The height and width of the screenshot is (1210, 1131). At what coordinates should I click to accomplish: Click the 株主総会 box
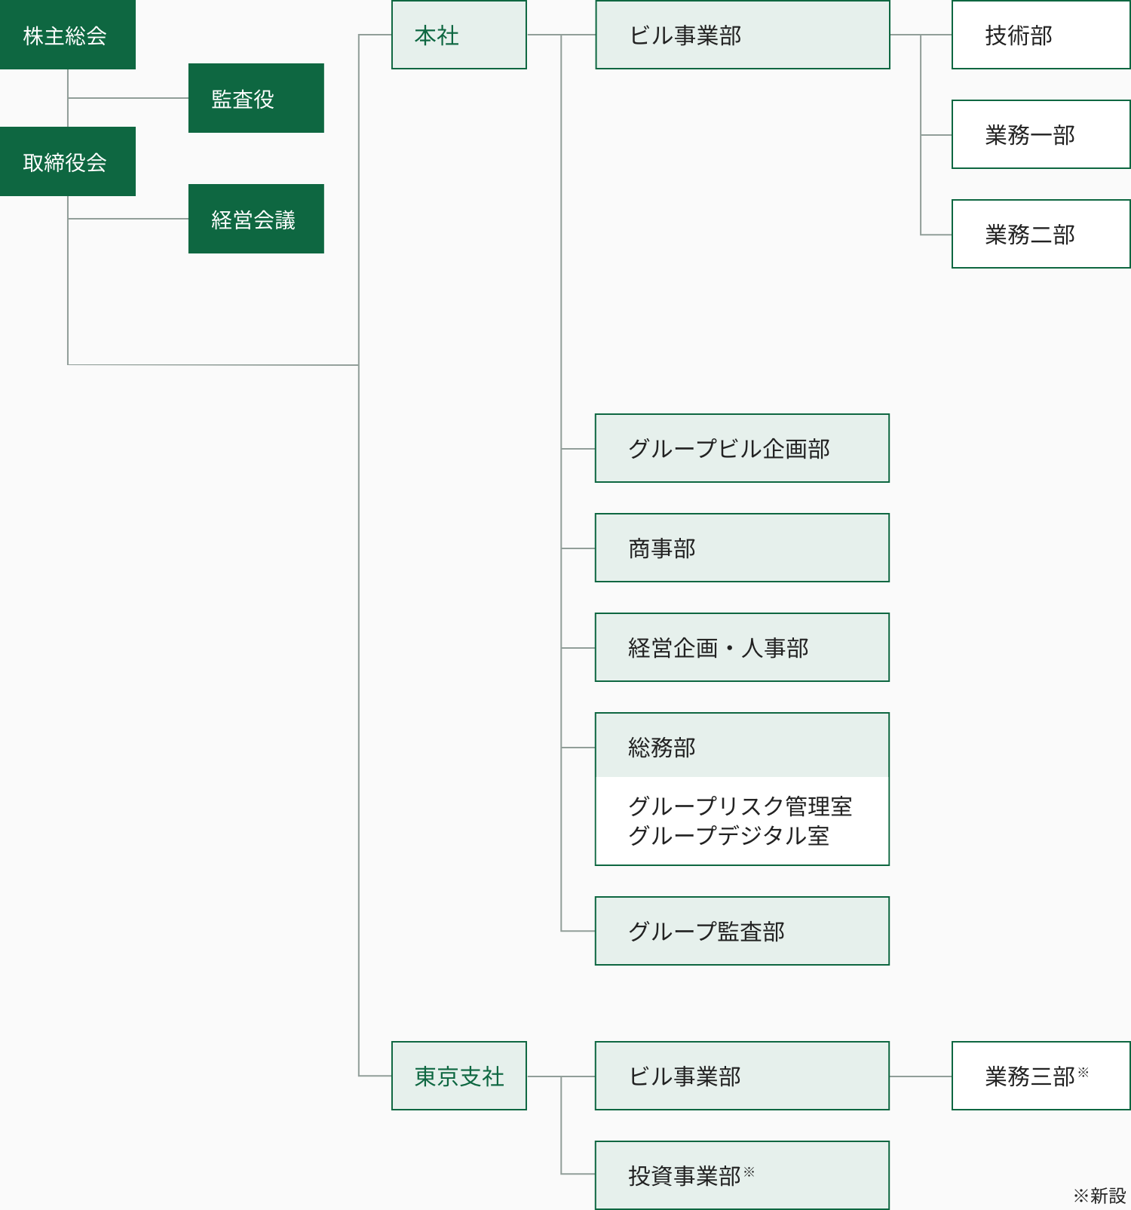pos(67,35)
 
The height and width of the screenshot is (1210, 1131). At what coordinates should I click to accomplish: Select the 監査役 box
pos(256,98)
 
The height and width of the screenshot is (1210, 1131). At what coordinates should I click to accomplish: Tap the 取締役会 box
pos(67,161)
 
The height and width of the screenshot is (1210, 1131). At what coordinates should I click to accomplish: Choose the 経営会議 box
pos(256,219)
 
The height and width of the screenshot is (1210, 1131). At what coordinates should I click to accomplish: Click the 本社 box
pos(458,35)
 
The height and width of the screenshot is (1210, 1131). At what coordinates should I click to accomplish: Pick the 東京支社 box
pos(458,1076)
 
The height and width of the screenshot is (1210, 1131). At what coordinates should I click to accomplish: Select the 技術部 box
pos(1041,35)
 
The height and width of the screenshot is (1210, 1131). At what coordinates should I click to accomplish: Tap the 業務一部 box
pos(1041,134)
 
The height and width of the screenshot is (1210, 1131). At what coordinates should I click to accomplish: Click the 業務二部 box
pos(1041,234)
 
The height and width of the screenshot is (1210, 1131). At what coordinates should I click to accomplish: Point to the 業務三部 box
pos(1041,1076)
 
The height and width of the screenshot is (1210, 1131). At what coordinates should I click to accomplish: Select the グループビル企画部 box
pos(742,448)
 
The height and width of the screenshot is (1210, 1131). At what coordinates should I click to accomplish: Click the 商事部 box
pos(742,548)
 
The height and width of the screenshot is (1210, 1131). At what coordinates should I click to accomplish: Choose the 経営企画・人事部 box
pos(742,647)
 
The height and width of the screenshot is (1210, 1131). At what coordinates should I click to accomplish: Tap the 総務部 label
pos(662,747)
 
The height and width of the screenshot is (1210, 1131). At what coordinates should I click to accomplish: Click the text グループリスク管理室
pos(740,806)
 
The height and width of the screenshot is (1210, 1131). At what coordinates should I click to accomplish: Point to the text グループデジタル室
pos(728,836)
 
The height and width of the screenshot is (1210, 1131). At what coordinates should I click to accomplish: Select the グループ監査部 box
pos(742,931)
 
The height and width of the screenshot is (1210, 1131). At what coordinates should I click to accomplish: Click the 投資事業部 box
pos(742,1175)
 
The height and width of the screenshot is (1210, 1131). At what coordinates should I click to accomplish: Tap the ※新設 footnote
pos(1099,1196)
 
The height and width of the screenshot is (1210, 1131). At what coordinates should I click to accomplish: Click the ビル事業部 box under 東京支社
pos(742,1076)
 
